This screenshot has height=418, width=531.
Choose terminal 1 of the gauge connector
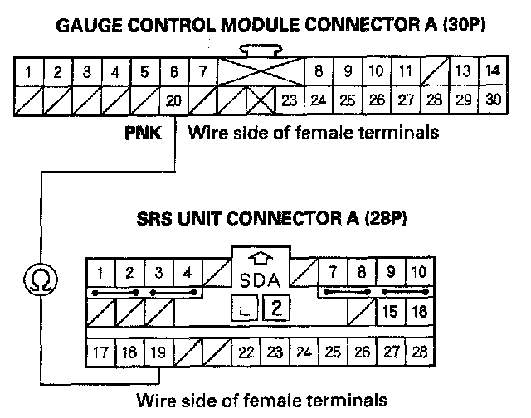coord(28,71)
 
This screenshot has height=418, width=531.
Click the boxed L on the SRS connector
coord(245,310)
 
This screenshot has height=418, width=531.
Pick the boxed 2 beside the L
coord(275,310)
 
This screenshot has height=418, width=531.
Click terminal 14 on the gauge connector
coord(493,71)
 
